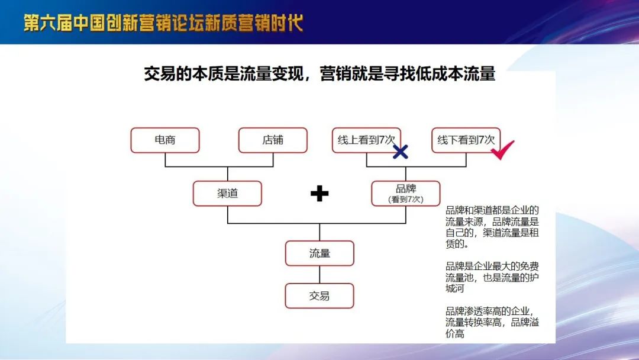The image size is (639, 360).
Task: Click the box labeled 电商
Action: tap(165, 140)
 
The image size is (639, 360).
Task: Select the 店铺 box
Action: tap(273, 140)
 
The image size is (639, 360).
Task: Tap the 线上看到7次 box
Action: tap(366, 140)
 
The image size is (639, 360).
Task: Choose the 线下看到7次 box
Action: tap(466, 140)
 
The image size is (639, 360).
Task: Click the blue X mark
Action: tap(400, 152)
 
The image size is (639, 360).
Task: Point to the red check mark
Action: tap(502, 150)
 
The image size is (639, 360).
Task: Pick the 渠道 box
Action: tap(227, 193)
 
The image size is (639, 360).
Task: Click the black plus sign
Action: tap(319, 194)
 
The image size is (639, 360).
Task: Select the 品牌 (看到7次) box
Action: tap(406, 193)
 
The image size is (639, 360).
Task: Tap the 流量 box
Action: tap(319, 253)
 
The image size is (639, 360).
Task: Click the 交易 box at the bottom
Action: tap(319, 295)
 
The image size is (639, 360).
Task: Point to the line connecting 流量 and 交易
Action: tap(319, 275)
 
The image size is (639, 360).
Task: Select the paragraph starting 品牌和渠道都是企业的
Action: tap(492, 227)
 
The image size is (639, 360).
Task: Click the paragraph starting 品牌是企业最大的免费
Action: tap(492, 278)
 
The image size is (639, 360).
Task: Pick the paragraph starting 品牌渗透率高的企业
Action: tap(492, 323)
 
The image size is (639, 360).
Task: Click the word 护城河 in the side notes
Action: tap(492, 284)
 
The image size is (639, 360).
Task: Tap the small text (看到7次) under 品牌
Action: tap(406, 200)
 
